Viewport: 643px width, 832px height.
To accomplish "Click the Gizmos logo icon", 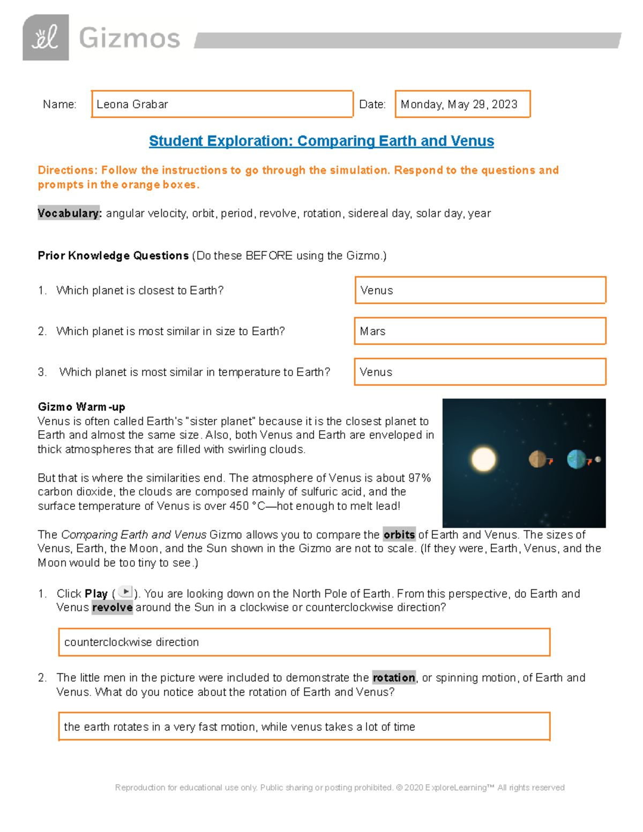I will tap(46, 38).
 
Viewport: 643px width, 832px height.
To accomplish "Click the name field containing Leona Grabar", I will tap(222, 104).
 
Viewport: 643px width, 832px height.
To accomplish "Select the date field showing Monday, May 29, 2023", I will tap(462, 104).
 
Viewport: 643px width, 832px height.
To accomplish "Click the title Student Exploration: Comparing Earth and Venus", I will tap(321, 141).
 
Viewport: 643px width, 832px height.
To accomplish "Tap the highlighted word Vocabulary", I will tap(69, 213).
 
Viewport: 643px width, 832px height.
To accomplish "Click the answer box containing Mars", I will tap(480, 331).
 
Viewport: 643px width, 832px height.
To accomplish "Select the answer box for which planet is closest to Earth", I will tap(480, 290).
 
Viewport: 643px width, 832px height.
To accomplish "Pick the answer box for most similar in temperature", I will tap(480, 372).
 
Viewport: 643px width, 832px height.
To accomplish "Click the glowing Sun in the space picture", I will tap(483, 459).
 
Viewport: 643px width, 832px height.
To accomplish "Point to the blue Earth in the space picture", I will tap(577, 459).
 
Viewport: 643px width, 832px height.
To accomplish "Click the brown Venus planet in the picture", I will tap(537, 459).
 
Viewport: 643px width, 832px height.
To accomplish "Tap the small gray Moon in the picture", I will tap(598, 459).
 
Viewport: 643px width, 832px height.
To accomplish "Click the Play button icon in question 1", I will tap(125, 592).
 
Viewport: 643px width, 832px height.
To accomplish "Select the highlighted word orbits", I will tap(399, 535).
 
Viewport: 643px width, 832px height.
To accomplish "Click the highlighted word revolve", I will tap(112, 608).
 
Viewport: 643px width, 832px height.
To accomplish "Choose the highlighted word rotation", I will tap(394, 678).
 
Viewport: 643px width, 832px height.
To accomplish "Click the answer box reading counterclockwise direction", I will tap(304, 642).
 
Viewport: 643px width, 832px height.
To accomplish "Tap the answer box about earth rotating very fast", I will tap(304, 726).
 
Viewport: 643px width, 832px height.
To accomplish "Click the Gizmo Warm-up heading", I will tap(81, 407).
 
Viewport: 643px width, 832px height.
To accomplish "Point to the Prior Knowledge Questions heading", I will tap(113, 256).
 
